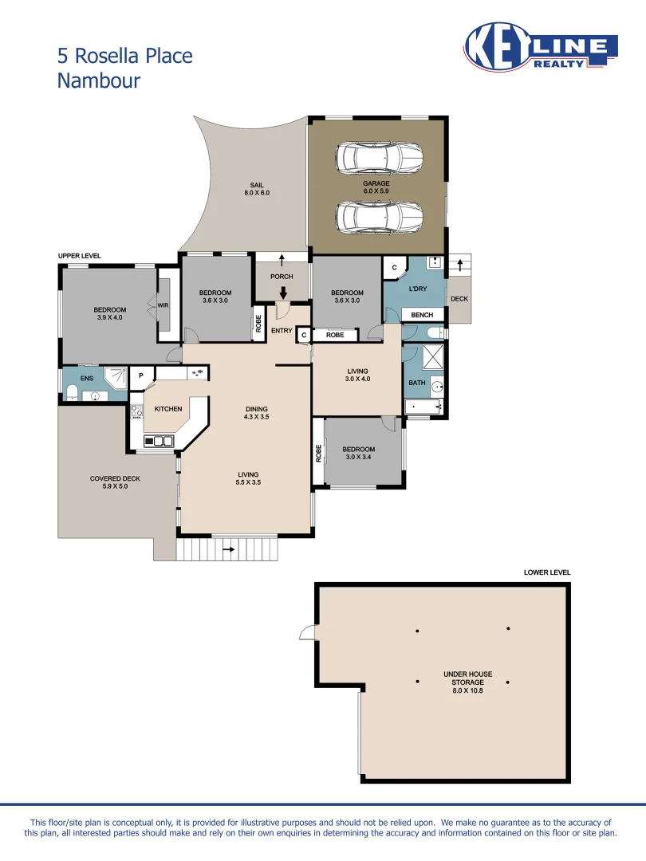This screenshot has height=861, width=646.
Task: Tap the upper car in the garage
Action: pos(379,158)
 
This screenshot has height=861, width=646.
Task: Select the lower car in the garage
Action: pos(379,216)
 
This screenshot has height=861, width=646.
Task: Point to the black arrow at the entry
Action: pos(282,293)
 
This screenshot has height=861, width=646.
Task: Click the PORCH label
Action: pos(282,277)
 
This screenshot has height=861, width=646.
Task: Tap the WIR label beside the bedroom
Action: pos(163,305)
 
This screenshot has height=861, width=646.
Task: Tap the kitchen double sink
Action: pos(159,440)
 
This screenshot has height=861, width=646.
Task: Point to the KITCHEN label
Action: pos(168,409)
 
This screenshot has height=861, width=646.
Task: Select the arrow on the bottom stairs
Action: pos(227,548)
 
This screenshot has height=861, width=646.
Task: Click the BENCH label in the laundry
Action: pos(422,316)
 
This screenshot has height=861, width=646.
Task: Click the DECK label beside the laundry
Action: pos(459,300)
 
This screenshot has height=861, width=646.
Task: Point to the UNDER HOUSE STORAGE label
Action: pos(467,678)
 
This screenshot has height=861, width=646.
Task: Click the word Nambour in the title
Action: pos(98,80)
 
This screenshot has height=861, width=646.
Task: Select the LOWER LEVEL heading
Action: pos(547,572)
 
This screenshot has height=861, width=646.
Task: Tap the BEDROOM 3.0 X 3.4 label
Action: pos(360,454)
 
